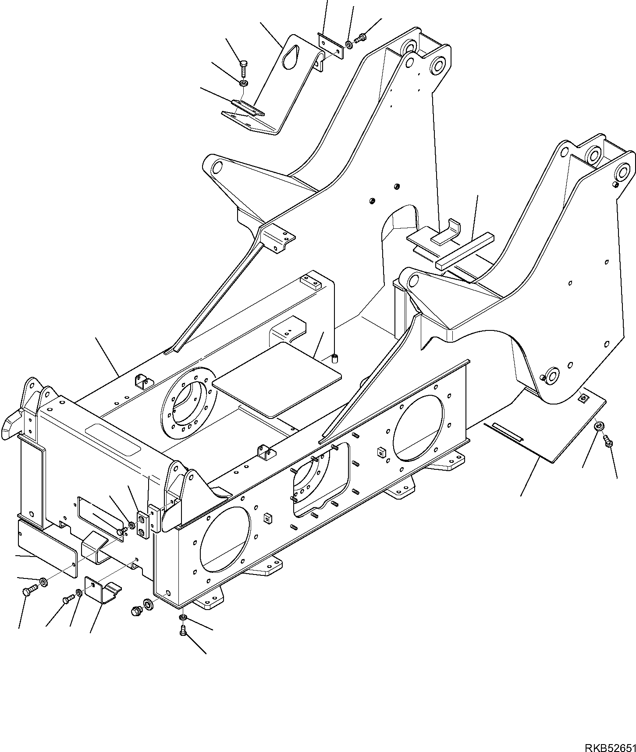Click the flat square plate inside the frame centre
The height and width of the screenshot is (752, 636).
coord(276,380)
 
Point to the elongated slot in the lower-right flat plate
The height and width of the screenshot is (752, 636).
coord(507,432)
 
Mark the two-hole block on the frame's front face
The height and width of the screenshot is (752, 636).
coord(143,525)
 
